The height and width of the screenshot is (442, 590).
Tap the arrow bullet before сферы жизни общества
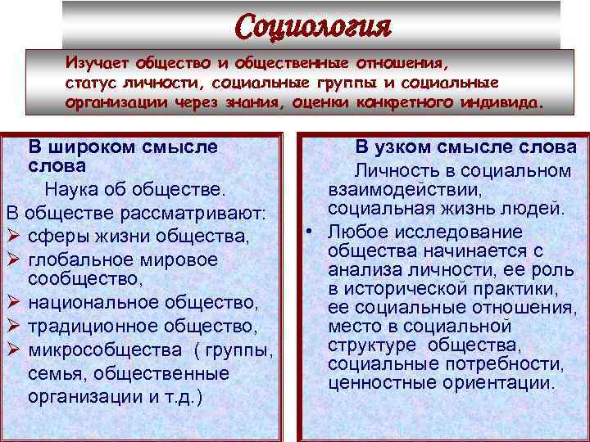click(14, 237)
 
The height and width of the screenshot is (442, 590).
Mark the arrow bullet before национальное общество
click(14, 304)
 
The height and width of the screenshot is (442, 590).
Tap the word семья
click(57, 373)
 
